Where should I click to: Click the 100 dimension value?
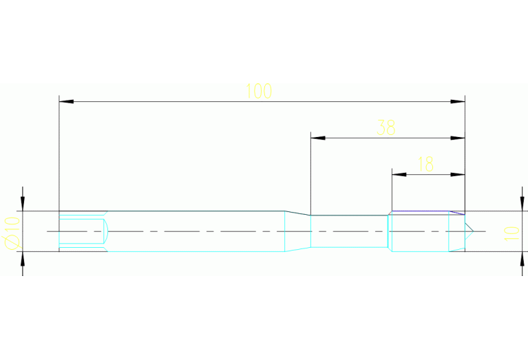(x=259, y=91)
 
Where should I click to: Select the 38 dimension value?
(x=386, y=127)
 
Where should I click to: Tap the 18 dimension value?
(x=425, y=165)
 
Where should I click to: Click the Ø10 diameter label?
(x=12, y=233)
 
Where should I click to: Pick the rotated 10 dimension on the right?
(x=511, y=233)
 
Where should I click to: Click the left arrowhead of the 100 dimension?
(x=66, y=101)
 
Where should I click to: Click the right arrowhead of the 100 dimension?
(x=458, y=101)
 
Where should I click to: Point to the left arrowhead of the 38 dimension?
(x=318, y=138)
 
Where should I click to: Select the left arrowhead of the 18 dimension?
(x=399, y=174)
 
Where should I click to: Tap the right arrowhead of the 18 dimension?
(x=458, y=174)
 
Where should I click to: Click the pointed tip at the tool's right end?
(x=473, y=231)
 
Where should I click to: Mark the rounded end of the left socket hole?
(x=107, y=231)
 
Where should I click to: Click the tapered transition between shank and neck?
(x=297, y=231)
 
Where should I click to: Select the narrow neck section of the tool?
(x=349, y=231)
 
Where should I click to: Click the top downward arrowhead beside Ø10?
(x=23, y=204)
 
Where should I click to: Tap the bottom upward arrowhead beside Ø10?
(x=23, y=259)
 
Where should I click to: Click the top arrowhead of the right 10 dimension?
(x=522, y=204)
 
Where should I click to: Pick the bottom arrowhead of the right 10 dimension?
(x=522, y=259)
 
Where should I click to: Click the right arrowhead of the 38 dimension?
(x=458, y=138)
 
